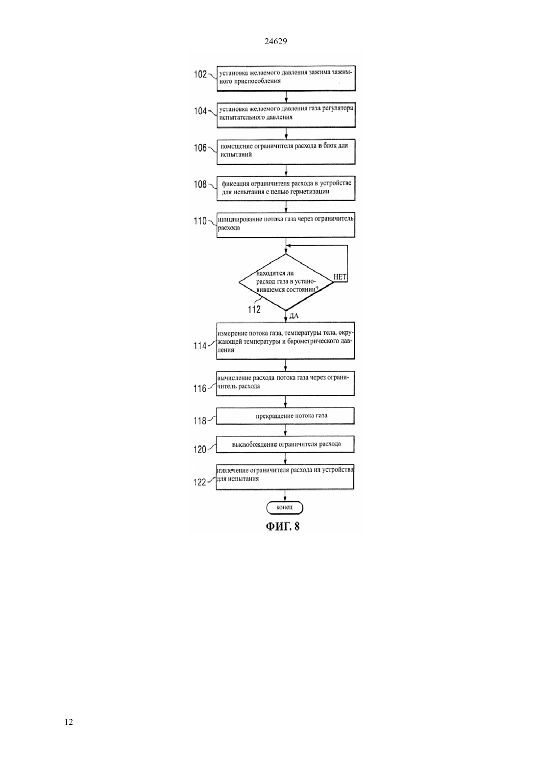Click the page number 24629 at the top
[x=275, y=41]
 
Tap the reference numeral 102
[x=200, y=74]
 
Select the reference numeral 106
[x=200, y=148]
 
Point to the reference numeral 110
[x=200, y=221]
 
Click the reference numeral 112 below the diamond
[x=254, y=309]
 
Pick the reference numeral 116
[x=200, y=389]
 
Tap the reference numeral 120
[x=200, y=450]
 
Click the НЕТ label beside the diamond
[x=340, y=277]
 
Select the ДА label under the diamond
[x=294, y=316]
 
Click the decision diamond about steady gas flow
[x=286, y=282]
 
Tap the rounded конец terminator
[x=285, y=508]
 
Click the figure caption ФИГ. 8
[x=283, y=527]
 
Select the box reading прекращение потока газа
[x=285, y=416]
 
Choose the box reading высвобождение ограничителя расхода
[x=285, y=444]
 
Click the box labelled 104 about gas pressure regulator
[x=286, y=115]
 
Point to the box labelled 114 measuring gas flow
[x=286, y=341]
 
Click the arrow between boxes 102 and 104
[x=286, y=97]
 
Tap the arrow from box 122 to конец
[x=285, y=496]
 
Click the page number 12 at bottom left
[x=69, y=722]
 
